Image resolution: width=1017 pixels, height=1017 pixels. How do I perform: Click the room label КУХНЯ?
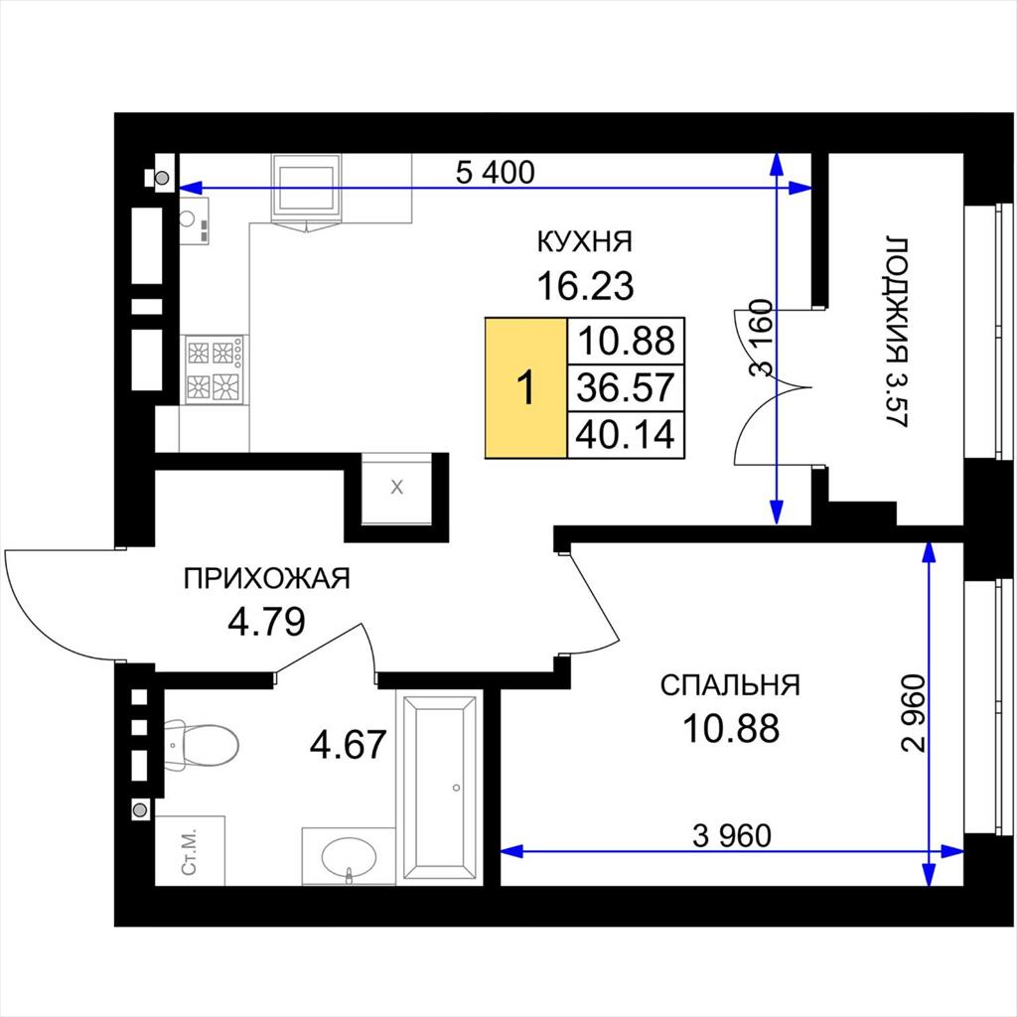click(584, 242)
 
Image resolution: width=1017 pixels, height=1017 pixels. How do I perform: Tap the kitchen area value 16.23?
click(585, 286)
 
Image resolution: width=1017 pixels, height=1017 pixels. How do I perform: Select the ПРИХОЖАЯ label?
click(266, 578)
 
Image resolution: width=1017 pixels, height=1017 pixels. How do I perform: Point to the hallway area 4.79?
click(266, 621)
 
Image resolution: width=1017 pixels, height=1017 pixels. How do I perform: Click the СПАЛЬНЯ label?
click(730, 685)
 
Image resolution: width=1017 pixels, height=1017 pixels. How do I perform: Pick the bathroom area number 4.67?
click(349, 744)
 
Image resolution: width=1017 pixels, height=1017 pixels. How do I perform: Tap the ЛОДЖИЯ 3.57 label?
click(897, 332)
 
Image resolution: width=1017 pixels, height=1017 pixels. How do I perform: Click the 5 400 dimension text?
click(495, 173)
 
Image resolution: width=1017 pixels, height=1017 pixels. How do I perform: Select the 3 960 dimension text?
click(732, 836)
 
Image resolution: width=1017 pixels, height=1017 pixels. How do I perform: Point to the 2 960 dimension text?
click(914, 713)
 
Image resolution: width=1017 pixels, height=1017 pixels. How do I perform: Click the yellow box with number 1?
click(526, 388)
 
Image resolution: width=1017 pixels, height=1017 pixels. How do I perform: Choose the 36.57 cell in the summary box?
click(626, 388)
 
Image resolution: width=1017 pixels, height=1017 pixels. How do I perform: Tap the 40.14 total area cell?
click(626, 435)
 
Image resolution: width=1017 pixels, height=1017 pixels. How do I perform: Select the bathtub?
click(441, 788)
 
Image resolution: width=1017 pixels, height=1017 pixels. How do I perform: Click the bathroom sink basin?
click(349, 857)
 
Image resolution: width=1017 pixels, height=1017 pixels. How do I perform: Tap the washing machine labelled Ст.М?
click(190, 850)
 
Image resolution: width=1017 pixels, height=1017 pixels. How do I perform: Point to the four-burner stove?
click(215, 369)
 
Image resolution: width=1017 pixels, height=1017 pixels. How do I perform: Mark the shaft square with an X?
click(396, 489)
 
